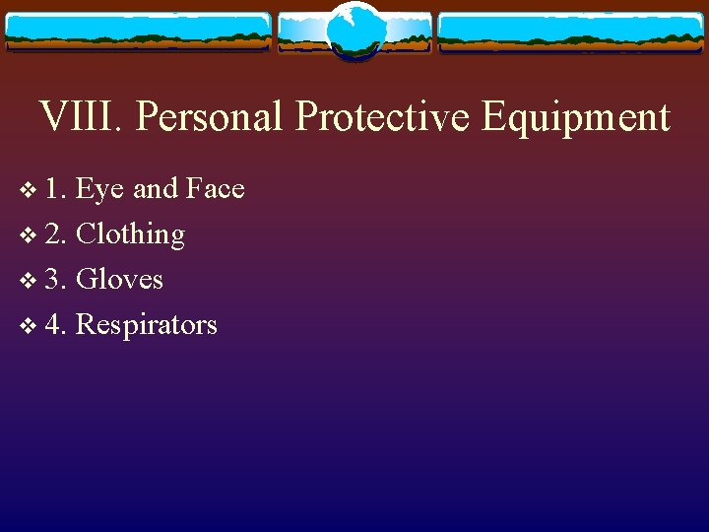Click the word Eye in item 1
pos(98,189)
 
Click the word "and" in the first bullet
pos(155,188)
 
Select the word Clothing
pos(130,235)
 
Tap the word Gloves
pos(119,280)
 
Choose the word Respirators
pos(146,326)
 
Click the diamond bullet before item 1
pos(26,190)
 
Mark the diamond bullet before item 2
pos(26,235)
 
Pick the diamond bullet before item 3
pos(26,281)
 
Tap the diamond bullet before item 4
pos(26,326)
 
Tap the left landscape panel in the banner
pos(138,32)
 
